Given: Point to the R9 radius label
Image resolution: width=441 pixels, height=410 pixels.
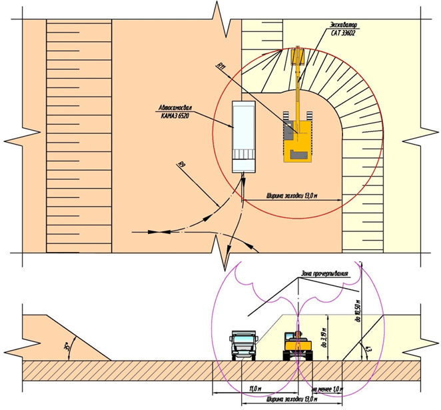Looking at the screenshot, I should (181, 162).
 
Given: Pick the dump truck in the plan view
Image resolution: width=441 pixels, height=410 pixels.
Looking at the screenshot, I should (243, 137).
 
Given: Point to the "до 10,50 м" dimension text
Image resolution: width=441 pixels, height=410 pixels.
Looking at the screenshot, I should (358, 313).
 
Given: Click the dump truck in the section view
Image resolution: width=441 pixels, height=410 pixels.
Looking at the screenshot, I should (242, 346).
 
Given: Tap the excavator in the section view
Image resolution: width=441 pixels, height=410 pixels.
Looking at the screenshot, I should (297, 345).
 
